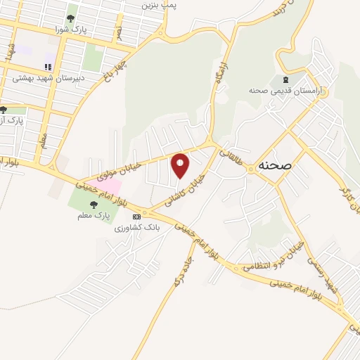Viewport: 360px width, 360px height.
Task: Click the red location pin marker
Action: point(181,164)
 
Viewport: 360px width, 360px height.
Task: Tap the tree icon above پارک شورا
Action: point(70,18)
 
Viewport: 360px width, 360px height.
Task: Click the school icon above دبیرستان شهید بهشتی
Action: point(48,67)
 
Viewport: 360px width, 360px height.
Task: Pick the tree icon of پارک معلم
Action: point(94,205)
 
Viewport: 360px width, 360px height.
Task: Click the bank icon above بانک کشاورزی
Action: point(136,217)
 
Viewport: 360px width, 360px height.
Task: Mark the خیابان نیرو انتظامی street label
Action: point(278,255)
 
